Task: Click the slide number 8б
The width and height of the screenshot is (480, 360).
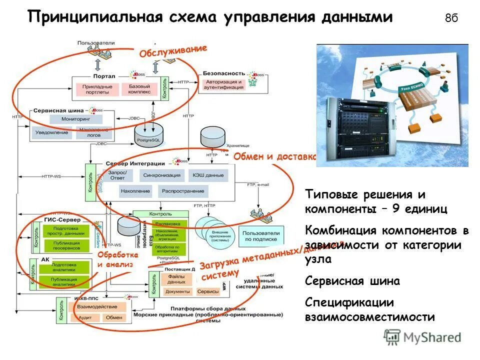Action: (451, 18)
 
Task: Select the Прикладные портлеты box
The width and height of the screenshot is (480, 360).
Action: (97, 89)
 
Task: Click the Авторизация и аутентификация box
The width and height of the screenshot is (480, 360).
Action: (223, 84)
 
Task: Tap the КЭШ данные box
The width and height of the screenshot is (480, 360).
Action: (207, 175)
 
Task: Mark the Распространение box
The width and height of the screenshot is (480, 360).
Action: (182, 191)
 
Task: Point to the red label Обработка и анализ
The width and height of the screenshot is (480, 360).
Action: (115, 259)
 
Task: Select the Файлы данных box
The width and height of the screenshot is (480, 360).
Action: (176, 278)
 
